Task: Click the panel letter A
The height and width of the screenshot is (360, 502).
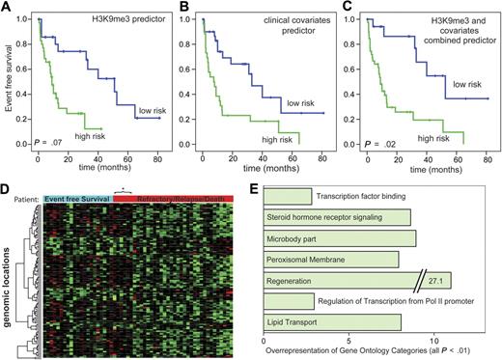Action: [x=7, y=8]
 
